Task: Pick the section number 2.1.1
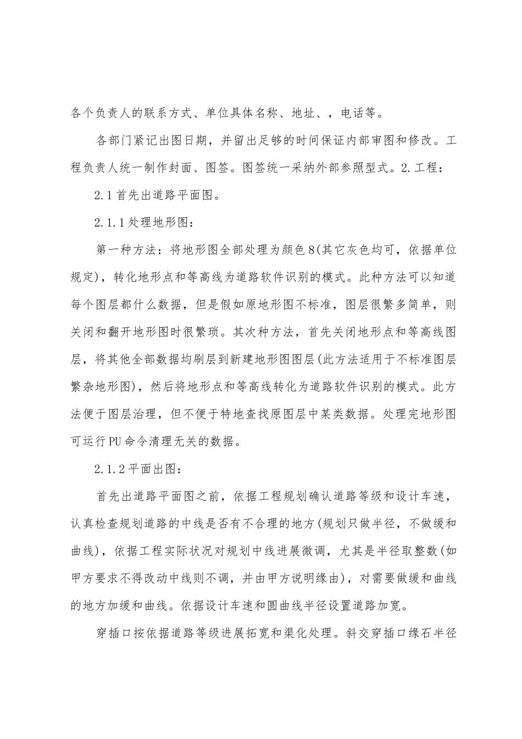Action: click(x=110, y=222)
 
